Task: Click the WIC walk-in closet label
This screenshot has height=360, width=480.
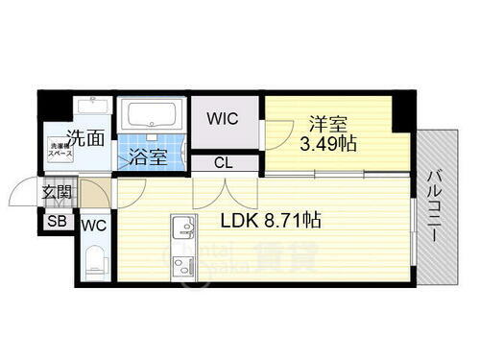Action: tap(228, 121)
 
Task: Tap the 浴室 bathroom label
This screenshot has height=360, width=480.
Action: tap(150, 157)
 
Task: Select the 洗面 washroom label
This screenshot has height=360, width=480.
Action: tap(85, 137)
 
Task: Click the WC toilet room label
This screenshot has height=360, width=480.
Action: tap(94, 227)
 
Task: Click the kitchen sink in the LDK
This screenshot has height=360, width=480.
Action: tap(180, 230)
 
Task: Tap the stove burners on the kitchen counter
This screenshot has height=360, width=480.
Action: tap(180, 262)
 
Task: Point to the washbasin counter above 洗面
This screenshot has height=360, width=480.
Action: tap(93, 108)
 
